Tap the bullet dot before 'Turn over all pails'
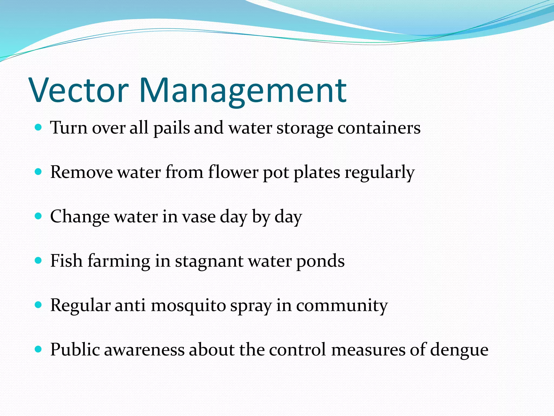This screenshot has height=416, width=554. (x=38, y=127)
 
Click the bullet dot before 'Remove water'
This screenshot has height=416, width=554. (x=38, y=171)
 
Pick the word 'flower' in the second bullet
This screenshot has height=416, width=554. (x=233, y=172)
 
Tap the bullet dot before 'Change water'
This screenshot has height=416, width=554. (x=38, y=216)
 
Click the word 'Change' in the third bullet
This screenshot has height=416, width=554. (x=80, y=217)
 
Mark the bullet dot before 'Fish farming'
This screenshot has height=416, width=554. (x=38, y=260)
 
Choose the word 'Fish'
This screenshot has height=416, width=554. (x=66, y=261)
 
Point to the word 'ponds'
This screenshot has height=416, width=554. (x=320, y=261)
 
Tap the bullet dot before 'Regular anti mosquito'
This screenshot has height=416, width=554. (x=38, y=305)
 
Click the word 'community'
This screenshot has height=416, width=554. (x=342, y=306)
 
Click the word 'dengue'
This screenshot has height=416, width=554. (x=459, y=350)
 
